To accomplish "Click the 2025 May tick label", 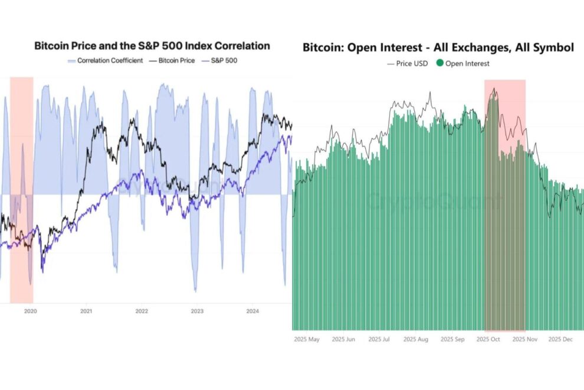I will (306, 339).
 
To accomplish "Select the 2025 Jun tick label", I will (343, 339).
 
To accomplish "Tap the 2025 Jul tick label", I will (379, 339).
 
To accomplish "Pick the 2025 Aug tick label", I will (416, 339).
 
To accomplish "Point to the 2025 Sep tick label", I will (452, 339).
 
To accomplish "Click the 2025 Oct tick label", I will (488, 339).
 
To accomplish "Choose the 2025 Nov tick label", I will (525, 339).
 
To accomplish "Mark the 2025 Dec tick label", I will (560, 339).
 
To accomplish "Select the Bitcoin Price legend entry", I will (173, 60).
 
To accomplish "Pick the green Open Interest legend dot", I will (439, 63).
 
